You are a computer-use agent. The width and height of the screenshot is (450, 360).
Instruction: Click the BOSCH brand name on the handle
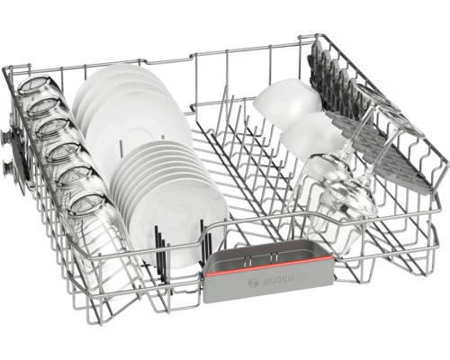point(278,280)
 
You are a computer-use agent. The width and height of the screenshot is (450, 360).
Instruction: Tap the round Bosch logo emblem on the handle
point(253,283)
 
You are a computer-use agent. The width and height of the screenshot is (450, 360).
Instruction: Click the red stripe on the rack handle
point(268,265)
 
